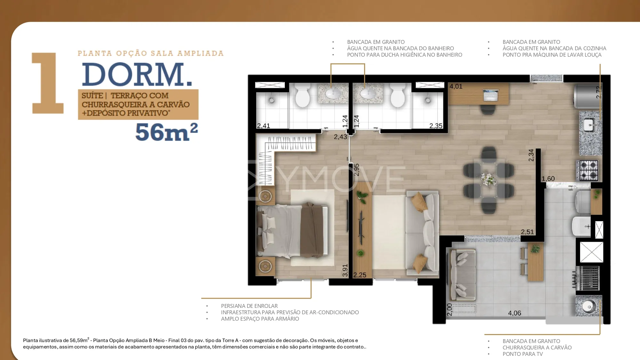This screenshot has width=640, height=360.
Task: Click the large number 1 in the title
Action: point(48,83)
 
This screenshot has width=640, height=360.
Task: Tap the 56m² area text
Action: point(166,132)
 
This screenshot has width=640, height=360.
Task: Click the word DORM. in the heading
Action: point(137,74)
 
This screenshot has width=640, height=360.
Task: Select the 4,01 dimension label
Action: point(456,86)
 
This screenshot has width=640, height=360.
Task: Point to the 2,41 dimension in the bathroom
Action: point(264,126)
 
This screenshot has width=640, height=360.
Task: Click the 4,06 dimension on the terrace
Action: point(515,313)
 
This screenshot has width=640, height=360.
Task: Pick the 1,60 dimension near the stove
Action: point(548,179)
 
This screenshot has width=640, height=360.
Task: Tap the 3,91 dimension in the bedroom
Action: point(345,270)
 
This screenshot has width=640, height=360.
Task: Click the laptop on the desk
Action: point(490,95)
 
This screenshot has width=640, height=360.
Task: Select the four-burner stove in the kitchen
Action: point(588,170)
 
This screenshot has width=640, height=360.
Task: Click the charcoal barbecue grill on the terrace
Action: point(587,278)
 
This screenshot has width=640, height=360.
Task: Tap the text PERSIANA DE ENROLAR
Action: point(249,306)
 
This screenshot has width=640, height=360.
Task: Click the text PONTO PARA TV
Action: point(523,354)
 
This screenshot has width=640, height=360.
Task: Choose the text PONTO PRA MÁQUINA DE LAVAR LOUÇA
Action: point(552,55)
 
